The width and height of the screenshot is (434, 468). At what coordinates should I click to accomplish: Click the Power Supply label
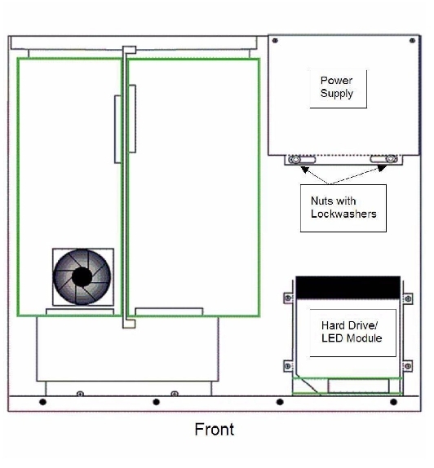coord(337,87)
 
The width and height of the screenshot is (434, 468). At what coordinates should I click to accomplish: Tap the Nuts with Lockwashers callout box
coord(343,208)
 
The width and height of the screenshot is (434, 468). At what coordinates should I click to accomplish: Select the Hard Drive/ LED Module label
coord(352,332)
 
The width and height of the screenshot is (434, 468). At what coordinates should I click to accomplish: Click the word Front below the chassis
coord(215,430)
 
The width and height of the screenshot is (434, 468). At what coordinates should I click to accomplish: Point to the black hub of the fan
coord(82,276)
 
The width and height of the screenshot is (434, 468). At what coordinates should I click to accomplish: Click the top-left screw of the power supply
coord(275,41)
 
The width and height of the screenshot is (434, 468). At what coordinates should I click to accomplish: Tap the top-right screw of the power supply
coord(412,41)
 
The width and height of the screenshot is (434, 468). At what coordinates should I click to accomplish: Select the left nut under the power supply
coord(295,160)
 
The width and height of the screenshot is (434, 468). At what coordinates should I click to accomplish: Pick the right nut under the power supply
coord(391,159)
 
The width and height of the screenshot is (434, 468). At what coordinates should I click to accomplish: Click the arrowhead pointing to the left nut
coord(304,170)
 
